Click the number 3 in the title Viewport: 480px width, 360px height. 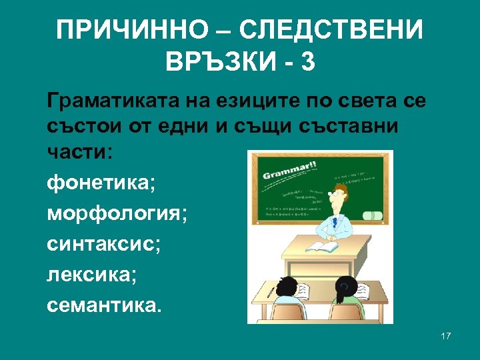tap(307, 63)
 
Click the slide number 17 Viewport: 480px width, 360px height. tap(446, 336)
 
